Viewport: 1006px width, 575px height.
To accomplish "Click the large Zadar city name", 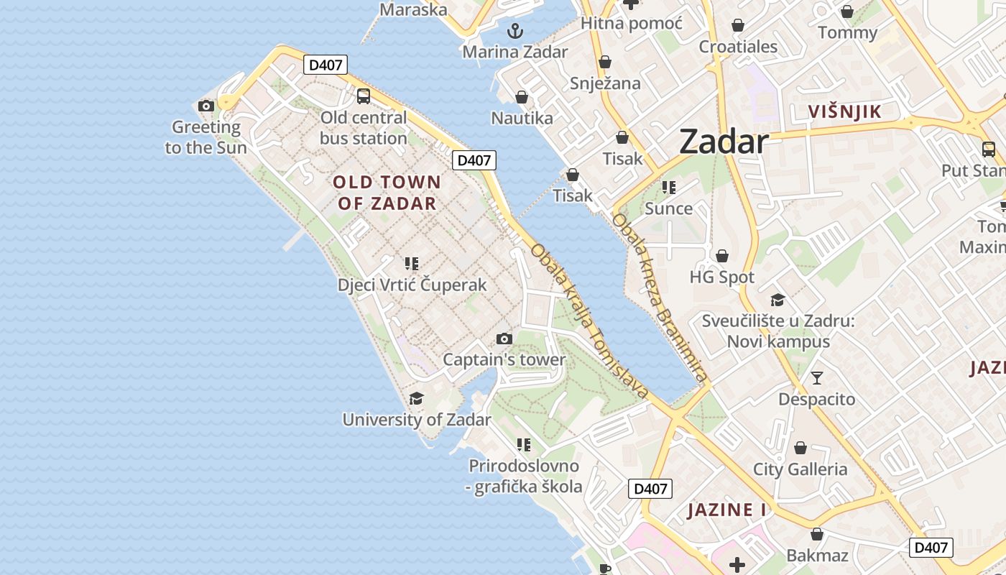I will (x=724, y=142).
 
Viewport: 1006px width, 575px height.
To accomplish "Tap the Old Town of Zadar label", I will (x=386, y=193).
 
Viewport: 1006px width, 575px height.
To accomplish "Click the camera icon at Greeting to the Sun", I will (x=206, y=106).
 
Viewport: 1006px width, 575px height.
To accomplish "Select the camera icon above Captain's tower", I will (x=504, y=339).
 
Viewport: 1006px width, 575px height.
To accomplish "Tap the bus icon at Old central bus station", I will (x=364, y=96).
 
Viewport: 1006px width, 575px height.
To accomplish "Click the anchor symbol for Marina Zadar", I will (x=514, y=31).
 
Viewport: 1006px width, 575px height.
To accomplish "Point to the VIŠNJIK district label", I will (x=844, y=111).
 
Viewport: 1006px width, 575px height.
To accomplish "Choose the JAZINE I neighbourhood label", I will (x=726, y=510).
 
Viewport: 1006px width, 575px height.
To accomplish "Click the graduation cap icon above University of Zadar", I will (x=416, y=399).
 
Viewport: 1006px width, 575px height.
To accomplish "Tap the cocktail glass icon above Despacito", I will (x=816, y=378).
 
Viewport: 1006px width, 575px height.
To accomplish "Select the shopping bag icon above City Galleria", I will (x=800, y=448).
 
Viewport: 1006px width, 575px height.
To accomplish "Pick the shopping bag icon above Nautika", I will (x=522, y=97).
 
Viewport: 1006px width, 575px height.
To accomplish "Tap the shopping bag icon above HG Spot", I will (x=722, y=257).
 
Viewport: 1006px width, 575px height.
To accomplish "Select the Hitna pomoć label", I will (x=631, y=23).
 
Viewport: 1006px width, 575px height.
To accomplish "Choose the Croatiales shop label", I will (x=738, y=47).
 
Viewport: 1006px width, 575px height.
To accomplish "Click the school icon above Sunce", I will (x=669, y=188).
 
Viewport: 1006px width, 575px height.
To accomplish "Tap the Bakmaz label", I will (x=817, y=556).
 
